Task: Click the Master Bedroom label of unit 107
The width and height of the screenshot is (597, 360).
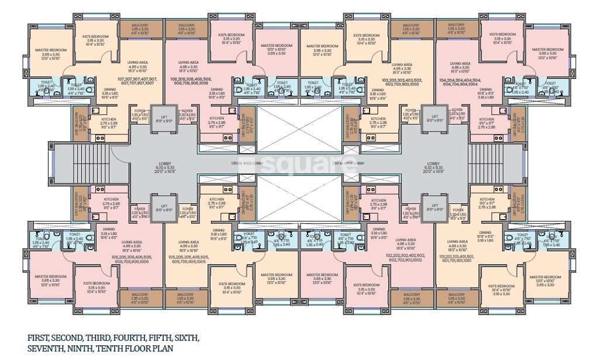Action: click(x=50, y=50)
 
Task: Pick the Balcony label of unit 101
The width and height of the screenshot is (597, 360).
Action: click(x=457, y=295)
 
